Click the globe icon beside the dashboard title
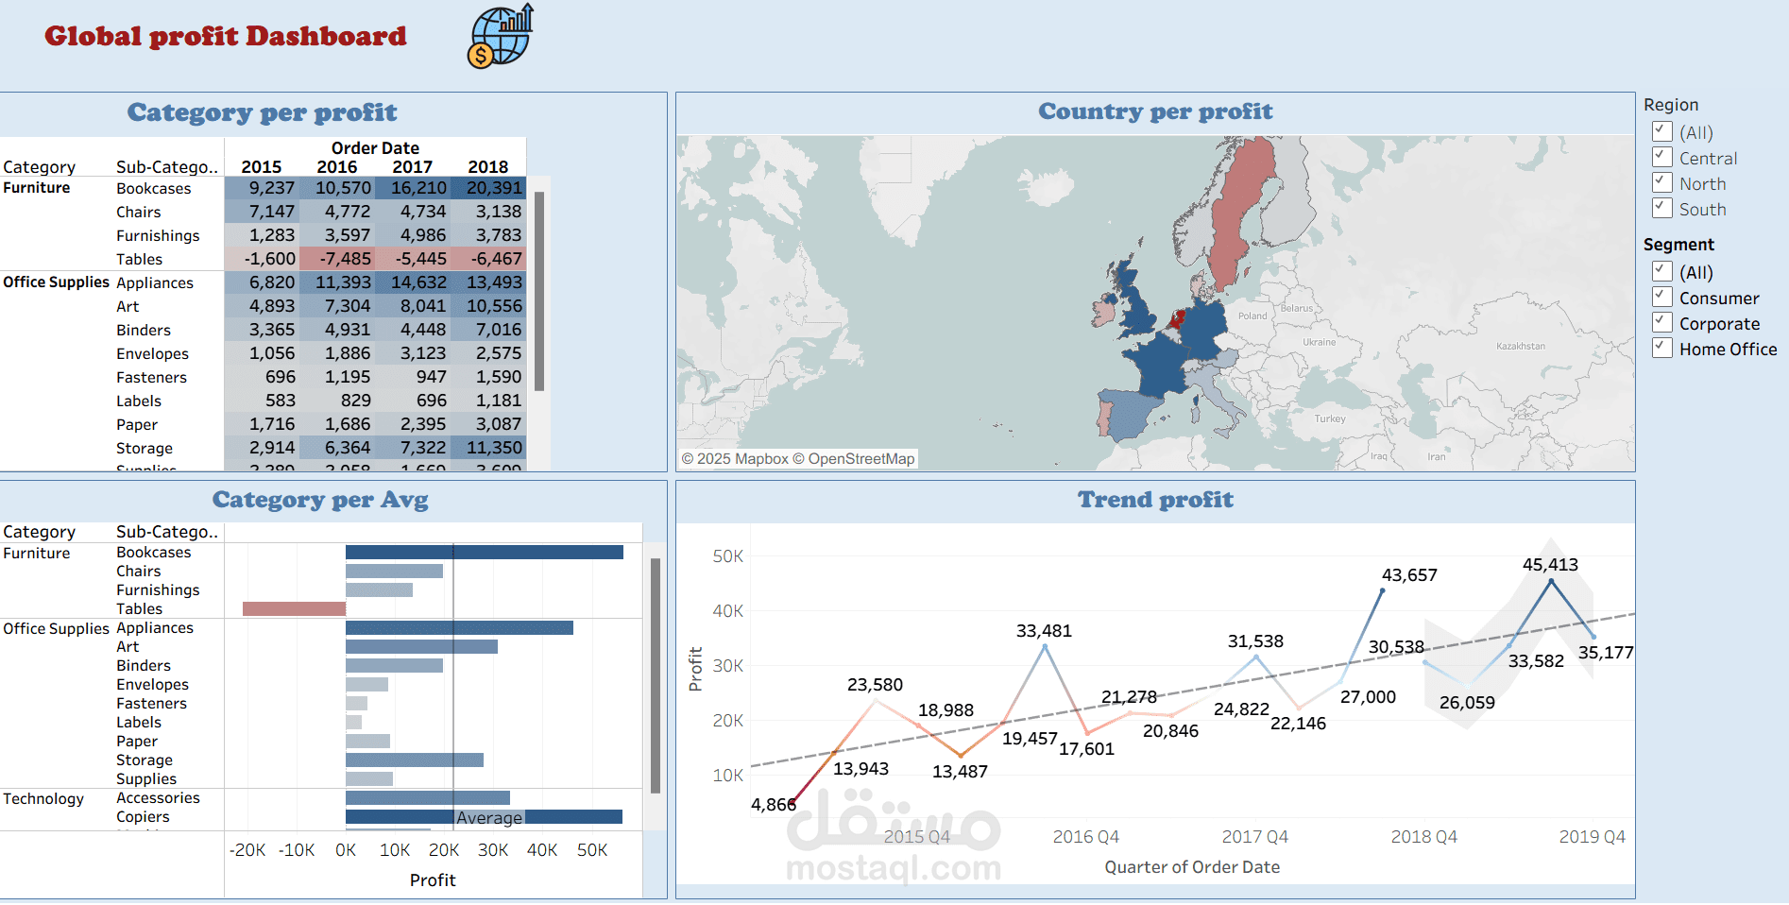click(x=500, y=37)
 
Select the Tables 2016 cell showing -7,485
click(x=337, y=259)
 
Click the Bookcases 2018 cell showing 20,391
click(x=488, y=188)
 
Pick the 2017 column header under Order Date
click(x=412, y=167)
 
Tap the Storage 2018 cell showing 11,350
click(x=488, y=448)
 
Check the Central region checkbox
click(x=1662, y=157)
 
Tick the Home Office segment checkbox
click(x=1662, y=348)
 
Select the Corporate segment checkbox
click(x=1662, y=322)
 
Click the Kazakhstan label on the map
click(x=1520, y=347)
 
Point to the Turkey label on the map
click(x=1329, y=418)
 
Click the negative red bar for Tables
click(x=294, y=609)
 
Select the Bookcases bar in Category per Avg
click(x=484, y=553)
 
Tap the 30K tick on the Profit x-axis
click(x=493, y=850)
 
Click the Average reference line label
click(x=488, y=818)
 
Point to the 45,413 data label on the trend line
click(x=1549, y=565)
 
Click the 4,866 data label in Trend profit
click(x=773, y=805)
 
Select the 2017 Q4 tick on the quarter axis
click(x=1254, y=837)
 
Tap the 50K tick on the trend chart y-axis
click(x=727, y=556)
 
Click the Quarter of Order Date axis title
click(x=1191, y=867)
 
